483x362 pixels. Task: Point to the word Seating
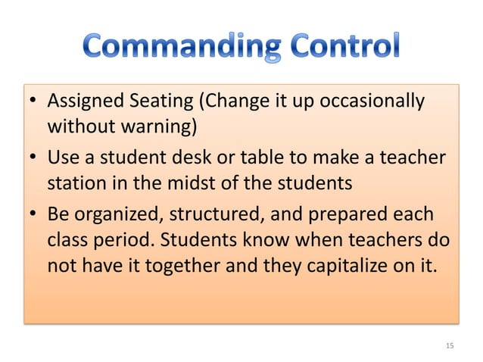[161, 101]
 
